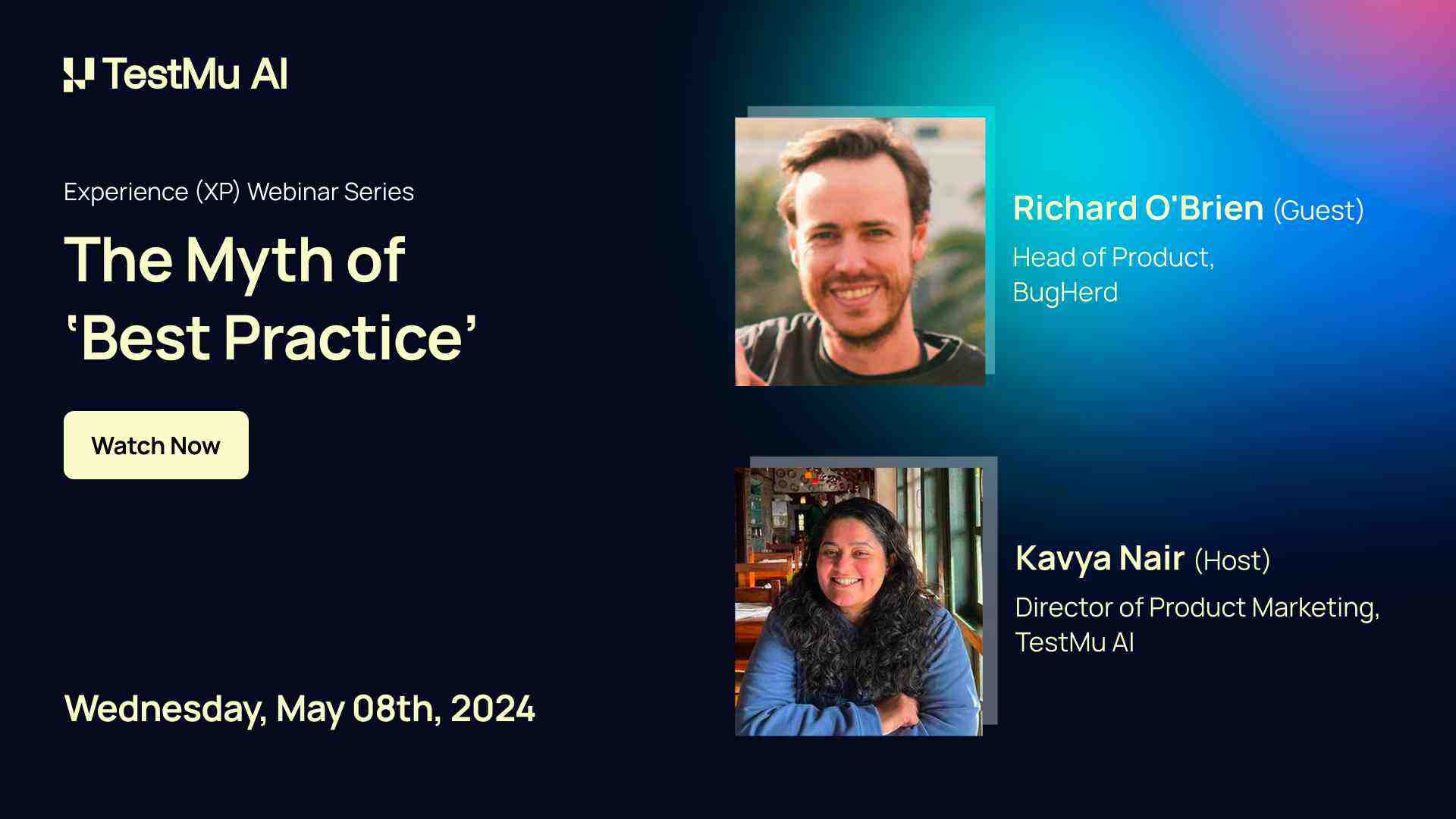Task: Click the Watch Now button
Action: tap(155, 445)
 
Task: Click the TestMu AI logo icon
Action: tap(79, 74)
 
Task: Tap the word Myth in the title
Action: tap(259, 261)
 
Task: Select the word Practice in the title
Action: tap(344, 338)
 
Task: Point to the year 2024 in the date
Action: tap(493, 709)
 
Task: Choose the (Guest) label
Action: tap(1318, 210)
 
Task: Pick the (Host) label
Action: tap(1232, 560)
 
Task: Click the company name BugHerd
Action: tap(1065, 292)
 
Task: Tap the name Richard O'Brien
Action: tap(1137, 209)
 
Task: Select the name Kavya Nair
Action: tap(1100, 559)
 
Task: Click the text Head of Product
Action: tap(1112, 258)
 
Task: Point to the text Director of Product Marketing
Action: tap(1197, 607)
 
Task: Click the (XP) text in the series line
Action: tap(218, 192)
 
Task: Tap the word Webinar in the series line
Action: tap(293, 192)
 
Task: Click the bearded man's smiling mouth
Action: tap(855, 293)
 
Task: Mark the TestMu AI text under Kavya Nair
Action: tap(1075, 642)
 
